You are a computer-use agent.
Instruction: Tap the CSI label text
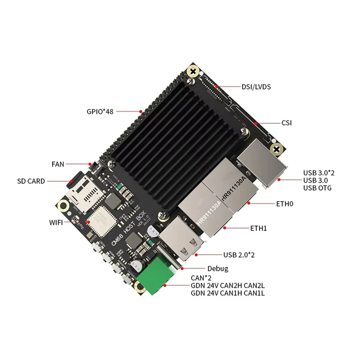pyautogui.click(x=287, y=122)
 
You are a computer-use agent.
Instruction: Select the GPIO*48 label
pyautogui.click(x=100, y=111)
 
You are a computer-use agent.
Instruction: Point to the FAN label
pyautogui.click(x=58, y=164)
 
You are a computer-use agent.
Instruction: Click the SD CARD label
pyautogui.click(x=31, y=181)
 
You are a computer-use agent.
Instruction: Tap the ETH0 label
pyautogui.click(x=285, y=203)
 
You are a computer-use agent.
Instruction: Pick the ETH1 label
pyautogui.click(x=259, y=228)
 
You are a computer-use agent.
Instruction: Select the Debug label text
pyautogui.click(x=218, y=269)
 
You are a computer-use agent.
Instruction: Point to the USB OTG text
pyautogui.click(x=317, y=188)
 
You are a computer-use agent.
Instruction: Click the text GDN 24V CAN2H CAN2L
pyautogui.click(x=227, y=286)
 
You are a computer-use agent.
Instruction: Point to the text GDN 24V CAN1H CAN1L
pyautogui.click(x=227, y=293)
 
